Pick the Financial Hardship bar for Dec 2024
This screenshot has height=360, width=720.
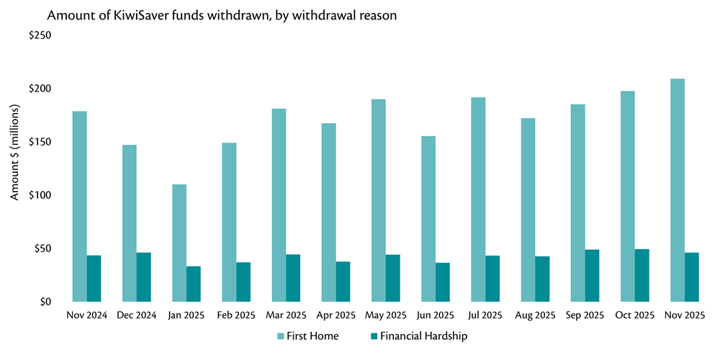tap(144, 277)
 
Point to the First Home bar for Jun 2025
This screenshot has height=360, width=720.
tap(428, 219)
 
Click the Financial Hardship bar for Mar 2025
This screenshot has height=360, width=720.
tap(293, 278)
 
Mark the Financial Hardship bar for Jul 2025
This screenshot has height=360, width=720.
tap(492, 279)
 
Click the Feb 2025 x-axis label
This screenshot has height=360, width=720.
tap(235, 315)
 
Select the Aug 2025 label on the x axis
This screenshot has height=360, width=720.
tap(535, 315)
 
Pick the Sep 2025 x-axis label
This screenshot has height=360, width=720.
tap(585, 315)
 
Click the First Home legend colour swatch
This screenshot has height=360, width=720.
tap(282, 336)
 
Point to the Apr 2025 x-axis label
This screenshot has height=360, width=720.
tap(336, 315)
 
